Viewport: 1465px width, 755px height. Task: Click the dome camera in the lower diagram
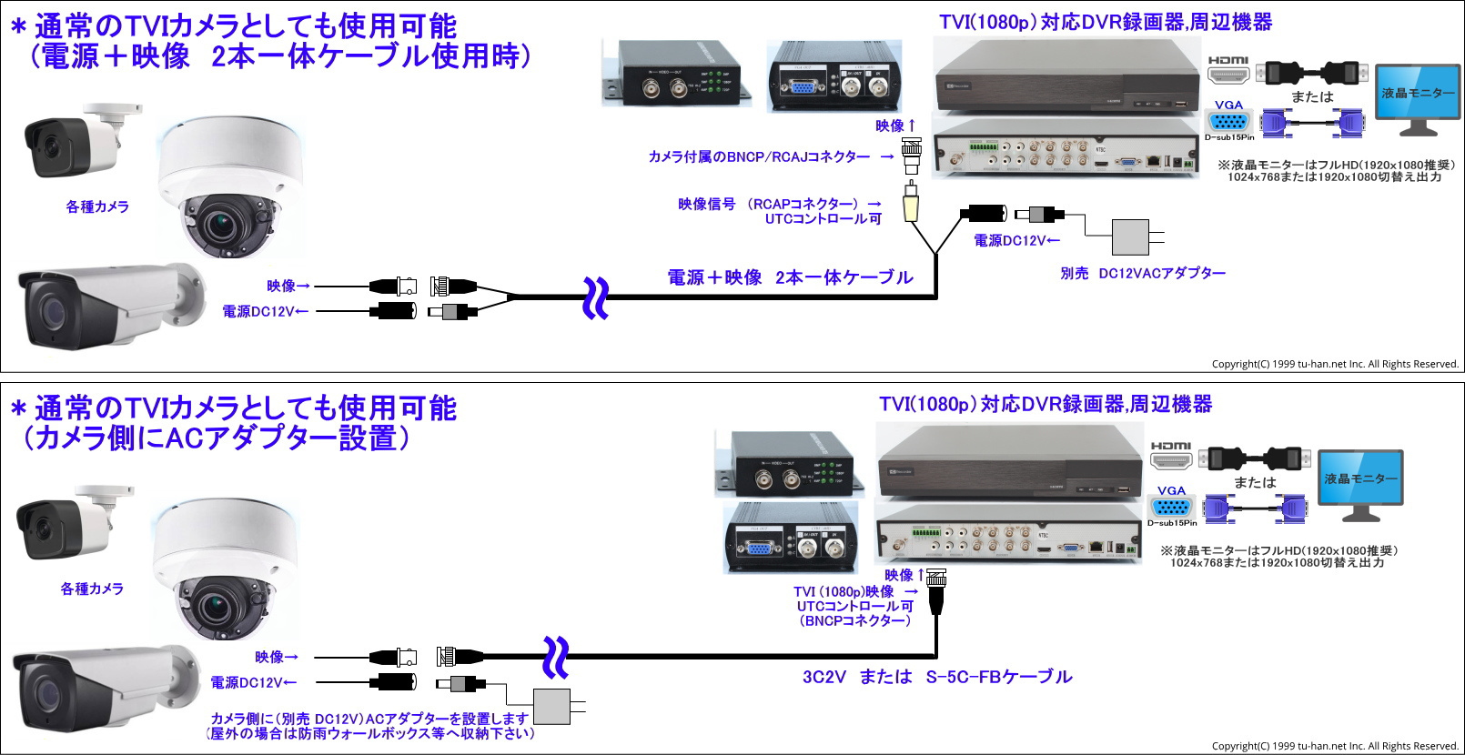(224, 569)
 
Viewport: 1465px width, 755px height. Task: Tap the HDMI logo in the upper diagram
(1228, 60)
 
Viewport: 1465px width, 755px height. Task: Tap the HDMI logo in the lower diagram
(1170, 446)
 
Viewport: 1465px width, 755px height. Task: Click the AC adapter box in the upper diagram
(1130, 237)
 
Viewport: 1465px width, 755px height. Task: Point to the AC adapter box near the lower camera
(551, 706)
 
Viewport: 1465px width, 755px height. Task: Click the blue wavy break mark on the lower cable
(555, 657)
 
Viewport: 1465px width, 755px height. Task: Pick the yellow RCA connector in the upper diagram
(911, 204)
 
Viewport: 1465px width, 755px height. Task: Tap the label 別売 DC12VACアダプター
(1143, 273)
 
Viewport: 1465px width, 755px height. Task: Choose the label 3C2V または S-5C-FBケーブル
(937, 677)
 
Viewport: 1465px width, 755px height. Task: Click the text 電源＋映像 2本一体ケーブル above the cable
(790, 277)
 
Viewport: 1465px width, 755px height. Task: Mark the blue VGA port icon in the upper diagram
(1228, 121)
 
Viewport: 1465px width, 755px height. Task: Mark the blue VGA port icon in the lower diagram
(1171, 507)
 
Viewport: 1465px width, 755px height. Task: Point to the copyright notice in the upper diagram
(1334, 364)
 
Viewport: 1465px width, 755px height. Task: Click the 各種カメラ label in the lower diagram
(92, 589)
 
